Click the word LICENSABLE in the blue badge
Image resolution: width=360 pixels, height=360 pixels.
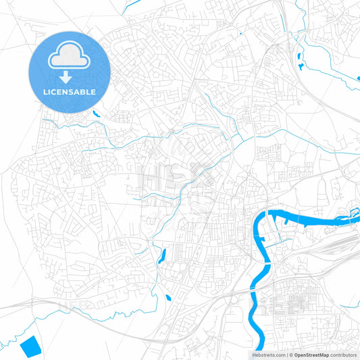point(70,91)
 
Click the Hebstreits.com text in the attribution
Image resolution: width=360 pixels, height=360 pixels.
point(267,354)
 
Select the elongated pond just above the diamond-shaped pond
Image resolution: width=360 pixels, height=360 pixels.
point(161,257)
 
